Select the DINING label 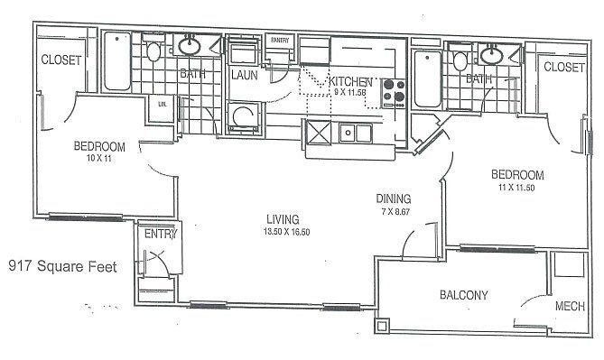pos(395,198)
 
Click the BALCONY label pos(464,295)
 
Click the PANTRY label pos(279,40)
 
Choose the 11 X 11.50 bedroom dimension pos(516,188)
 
